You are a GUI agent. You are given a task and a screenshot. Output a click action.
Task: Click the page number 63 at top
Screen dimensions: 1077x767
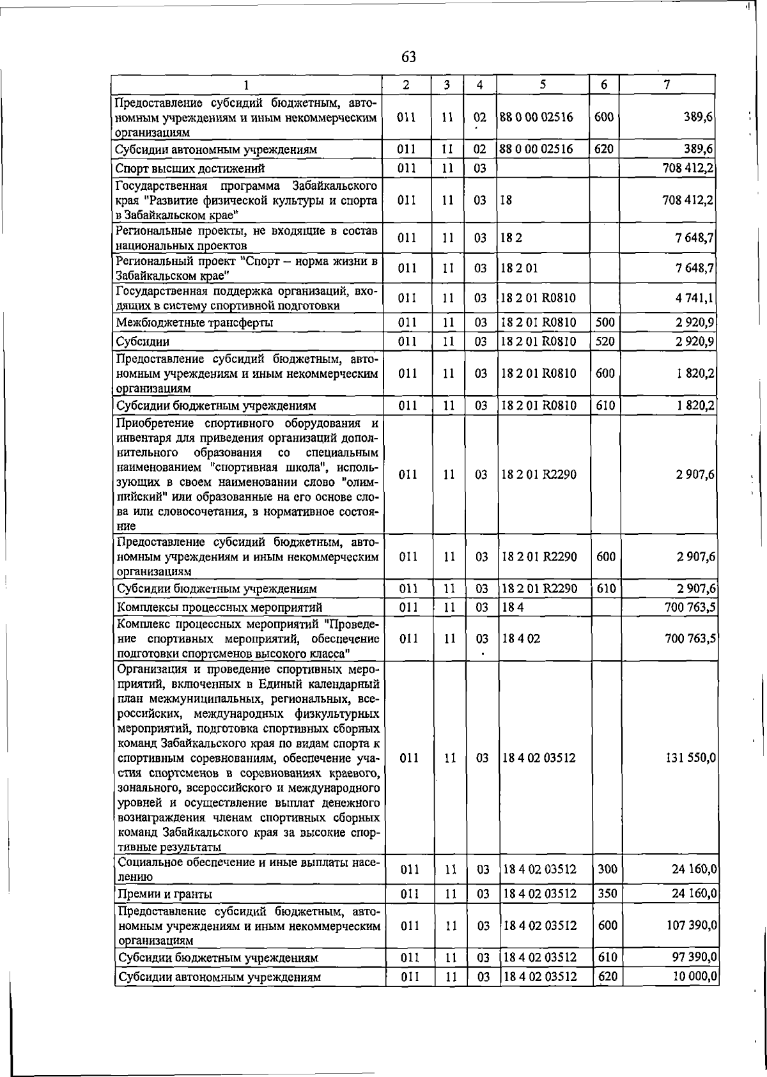tap(408, 57)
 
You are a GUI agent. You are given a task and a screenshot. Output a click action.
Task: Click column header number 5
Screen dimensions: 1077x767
tap(543, 84)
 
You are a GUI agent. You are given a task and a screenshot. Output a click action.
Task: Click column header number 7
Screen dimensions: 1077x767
tap(667, 84)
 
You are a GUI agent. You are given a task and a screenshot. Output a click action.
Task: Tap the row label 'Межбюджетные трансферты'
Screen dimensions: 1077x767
tap(194, 323)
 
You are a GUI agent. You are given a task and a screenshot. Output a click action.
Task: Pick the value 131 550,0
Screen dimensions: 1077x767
tap(690, 757)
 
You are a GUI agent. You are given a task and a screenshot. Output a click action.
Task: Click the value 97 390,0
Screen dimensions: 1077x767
tap(693, 957)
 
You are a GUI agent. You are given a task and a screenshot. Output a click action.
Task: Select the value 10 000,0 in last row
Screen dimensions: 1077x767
tap(693, 977)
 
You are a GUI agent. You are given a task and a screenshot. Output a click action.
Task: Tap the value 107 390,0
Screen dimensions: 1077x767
tap(690, 926)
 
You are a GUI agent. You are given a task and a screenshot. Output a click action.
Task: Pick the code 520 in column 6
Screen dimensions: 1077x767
tap(605, 341)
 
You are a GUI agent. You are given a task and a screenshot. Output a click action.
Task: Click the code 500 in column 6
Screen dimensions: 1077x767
tap(605, 323)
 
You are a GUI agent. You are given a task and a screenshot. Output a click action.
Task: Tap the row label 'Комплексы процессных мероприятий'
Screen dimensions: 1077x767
tap(218, 607)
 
